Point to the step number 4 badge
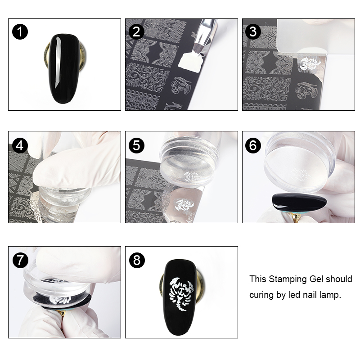click(x=20, y=144)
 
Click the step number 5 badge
click(x=137, y=145)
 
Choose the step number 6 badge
click(x=254, y=145)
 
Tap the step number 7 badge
click(x=20, y=260)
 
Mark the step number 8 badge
click(x=137, y=260)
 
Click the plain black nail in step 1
click(x=64, y=63)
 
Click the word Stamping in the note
click(x=284, y=279)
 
